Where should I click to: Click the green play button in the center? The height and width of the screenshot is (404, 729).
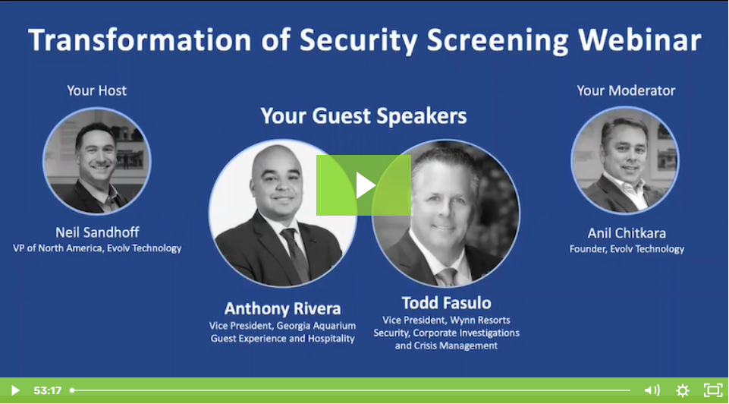pyautogui.click(x=363, y=185)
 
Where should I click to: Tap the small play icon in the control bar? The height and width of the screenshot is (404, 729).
pyautogui.click(x=14, y=390)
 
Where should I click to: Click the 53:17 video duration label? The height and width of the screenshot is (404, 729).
pyautogui.click(x=47, y=390)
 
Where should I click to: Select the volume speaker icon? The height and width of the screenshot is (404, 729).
pyautogui.click(x=652, y=390)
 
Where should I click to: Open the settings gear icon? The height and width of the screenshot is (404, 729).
pyautogui.click(x=682, y=390)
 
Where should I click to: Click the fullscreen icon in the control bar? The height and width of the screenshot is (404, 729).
pyautogui.click(x=712, y=390)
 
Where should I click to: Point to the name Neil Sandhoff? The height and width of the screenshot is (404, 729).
pyautogui.click(x=97, y=232)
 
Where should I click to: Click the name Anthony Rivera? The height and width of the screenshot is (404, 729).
pyautogui.click(x=282, y=308)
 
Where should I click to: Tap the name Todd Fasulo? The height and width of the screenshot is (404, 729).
pyautogui.click(x=446, y=304)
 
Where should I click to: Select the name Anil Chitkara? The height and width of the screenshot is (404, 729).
pyautogui.click(x=627, y=232)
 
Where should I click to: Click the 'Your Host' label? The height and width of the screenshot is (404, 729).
pyautogui.click(x=97, y=90)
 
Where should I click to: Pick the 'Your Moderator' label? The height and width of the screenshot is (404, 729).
pyautogui.click(x=626, y=90)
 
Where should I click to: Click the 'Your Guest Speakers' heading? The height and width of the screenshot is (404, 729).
pyautogui.click(x=363, y=116)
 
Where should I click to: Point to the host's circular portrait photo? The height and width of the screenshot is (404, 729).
pyautogui.click(x=97, y=160)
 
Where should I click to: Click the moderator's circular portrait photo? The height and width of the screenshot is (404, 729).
pyautogui.click(x=625, y=160)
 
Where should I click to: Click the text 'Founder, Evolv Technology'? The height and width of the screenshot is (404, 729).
pyautogui.click(x=627, y=248)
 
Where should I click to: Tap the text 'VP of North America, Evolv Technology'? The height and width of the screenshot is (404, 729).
pyautogui.click(x=97, y=248)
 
